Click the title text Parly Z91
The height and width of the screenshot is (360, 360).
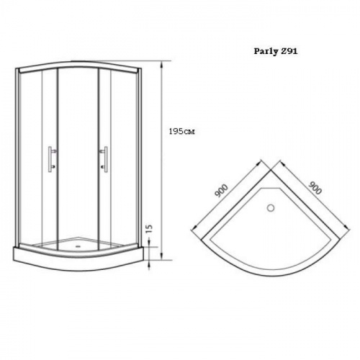[x=276, y=51]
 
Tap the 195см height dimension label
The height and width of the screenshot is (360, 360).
[x=181, y=132]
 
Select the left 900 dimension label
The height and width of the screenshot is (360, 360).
[x=222, y=191]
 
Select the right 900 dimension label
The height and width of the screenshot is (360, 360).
[x=315, y=188]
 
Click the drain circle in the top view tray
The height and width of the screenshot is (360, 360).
[x=271, y=208]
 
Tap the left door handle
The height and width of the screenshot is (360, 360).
[x=52, y=159]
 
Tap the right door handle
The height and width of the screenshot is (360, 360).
[x=104, y=159]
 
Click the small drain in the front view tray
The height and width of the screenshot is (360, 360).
[x=78, y=246]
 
